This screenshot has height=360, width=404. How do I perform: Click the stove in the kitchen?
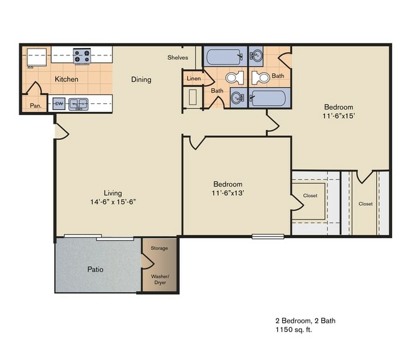[82, 56]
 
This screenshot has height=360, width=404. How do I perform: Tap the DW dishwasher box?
[59, 104]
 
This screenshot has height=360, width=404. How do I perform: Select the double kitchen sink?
[78, 104]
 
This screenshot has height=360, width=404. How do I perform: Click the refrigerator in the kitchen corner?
[36, 57]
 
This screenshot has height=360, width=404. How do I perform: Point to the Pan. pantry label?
[35, 106]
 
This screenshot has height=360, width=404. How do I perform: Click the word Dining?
[141, 80]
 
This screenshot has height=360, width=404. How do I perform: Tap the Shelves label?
[178, 58]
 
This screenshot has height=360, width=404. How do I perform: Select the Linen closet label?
[193, 79]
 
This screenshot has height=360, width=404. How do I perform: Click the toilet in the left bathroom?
[234, 78]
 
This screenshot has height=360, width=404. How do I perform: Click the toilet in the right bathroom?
[261, 78]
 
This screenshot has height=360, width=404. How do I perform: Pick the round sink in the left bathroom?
[237, 98]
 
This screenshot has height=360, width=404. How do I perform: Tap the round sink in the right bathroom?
[257, 57]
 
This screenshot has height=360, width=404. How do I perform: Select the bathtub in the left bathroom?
[224, 57]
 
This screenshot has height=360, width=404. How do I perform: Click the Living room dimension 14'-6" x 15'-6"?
[112, 201]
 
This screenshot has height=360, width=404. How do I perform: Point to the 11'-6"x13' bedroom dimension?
[228, 193]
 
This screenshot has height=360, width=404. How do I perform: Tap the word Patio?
[95, 270]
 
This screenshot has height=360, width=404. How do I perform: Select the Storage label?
[159, 248]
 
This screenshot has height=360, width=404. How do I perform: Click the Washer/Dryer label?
[160, 279]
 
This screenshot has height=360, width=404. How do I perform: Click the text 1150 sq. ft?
[294, 330]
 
